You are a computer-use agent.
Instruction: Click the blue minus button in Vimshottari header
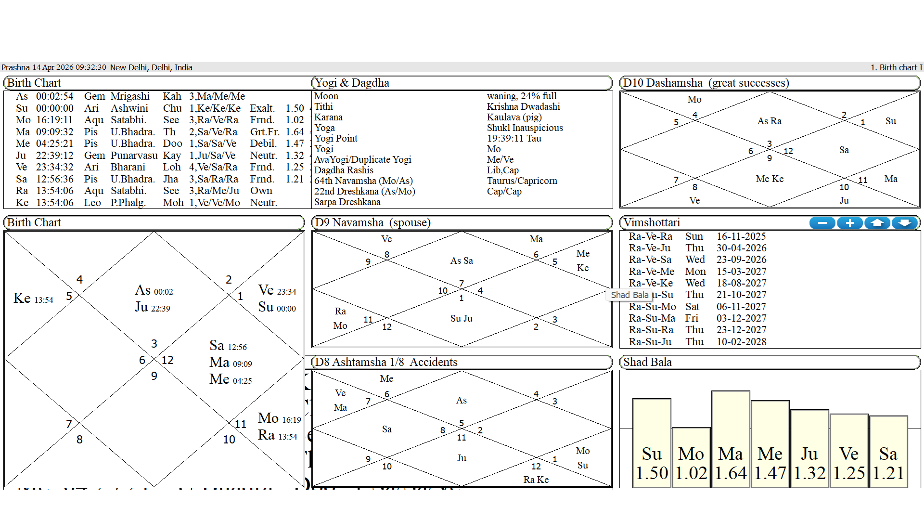coord(822,223)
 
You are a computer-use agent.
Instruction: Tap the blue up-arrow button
coord(877,223)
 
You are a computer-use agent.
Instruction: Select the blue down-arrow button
coord(905,223)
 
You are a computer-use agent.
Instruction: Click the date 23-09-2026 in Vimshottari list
coord(741,260)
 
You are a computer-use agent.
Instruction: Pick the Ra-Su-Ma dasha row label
coord(652,318)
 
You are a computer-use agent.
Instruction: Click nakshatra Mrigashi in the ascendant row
coord(130,96)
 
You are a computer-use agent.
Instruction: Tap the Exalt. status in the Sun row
coord(262,108)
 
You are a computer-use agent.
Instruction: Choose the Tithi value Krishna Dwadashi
coord(523,106)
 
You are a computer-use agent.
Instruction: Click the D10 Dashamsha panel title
coord(706,83)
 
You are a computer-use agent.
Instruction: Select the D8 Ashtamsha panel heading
coord(386,362)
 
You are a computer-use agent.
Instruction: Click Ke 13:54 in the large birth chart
coord(33,299)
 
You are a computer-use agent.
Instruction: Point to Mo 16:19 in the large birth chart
coord(279,418)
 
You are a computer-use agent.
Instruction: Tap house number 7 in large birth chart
coord(69,424)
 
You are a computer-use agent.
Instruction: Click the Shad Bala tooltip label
coord(629,295)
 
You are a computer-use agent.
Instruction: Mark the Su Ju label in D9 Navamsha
coord(461,318)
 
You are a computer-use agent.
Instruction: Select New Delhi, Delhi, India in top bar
coord(151,67)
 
